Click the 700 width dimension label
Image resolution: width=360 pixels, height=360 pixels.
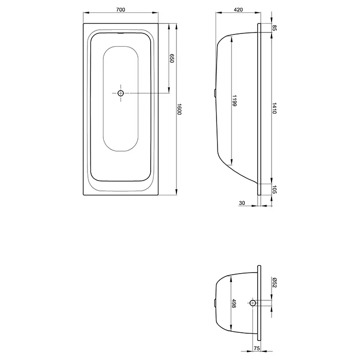click(120, 10)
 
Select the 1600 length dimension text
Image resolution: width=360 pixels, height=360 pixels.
click(179, 109)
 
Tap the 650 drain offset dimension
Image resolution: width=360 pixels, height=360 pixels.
click(172, 58)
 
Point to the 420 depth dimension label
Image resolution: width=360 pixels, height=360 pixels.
click(238, 10)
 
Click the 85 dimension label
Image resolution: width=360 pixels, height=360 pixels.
click(274, 28)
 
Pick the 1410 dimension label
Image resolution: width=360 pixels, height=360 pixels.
click(274, 108)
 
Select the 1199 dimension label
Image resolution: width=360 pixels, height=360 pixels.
click(234, 101)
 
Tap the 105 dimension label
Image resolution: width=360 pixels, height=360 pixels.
click(274, 189)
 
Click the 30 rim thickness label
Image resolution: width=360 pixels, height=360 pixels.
click(242, 203)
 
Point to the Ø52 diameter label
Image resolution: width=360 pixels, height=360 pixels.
click(274, 283)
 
